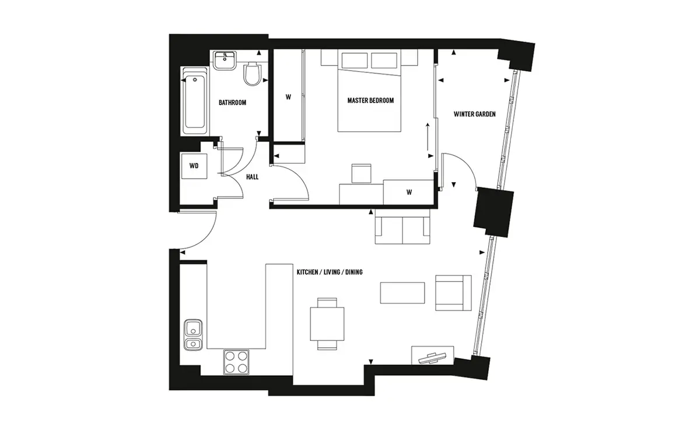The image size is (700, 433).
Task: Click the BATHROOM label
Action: coord(232,103)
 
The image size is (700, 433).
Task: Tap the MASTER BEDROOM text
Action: coord(370,100)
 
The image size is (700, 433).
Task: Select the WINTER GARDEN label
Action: coord(474,114)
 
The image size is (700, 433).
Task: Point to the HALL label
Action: coord(252,177)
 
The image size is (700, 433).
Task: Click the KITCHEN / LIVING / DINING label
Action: coord(330,273)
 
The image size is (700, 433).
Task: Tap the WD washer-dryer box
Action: coord(194,166)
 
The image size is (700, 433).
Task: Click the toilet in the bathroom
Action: coord(252,74)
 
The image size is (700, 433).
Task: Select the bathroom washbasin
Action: coord(225,61)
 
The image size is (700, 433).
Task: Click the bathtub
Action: coord(194,101)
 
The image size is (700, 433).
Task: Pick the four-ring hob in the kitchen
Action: coord(236,362)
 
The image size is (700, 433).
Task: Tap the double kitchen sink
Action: coord(194,334)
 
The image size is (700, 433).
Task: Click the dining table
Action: coord(327,324)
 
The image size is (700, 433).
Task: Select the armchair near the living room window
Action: coord(453,293)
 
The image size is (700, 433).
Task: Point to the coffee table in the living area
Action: coord(402,293)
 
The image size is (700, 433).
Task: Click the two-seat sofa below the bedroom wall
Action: coord(402,226)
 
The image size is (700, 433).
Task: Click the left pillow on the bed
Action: coord(355,60)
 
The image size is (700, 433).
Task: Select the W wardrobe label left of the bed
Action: coord(288,97)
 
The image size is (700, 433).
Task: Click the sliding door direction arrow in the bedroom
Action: coord(427,137)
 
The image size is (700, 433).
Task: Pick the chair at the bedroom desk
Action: coord(361,173)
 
